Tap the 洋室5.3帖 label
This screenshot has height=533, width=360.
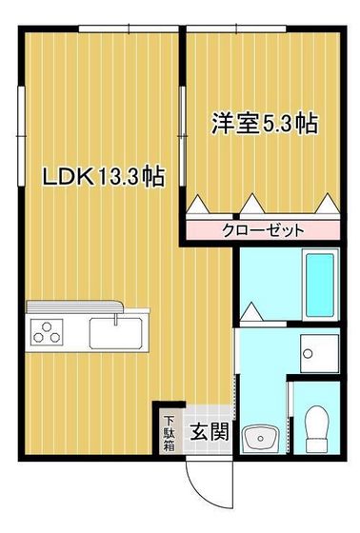[264, 123]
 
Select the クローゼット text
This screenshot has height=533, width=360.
[264, 229]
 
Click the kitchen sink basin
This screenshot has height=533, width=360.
[114, 333]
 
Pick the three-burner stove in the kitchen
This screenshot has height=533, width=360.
[47, 333]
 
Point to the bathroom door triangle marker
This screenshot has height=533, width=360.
[251, 310]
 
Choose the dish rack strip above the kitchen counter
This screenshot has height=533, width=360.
[73, 306]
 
